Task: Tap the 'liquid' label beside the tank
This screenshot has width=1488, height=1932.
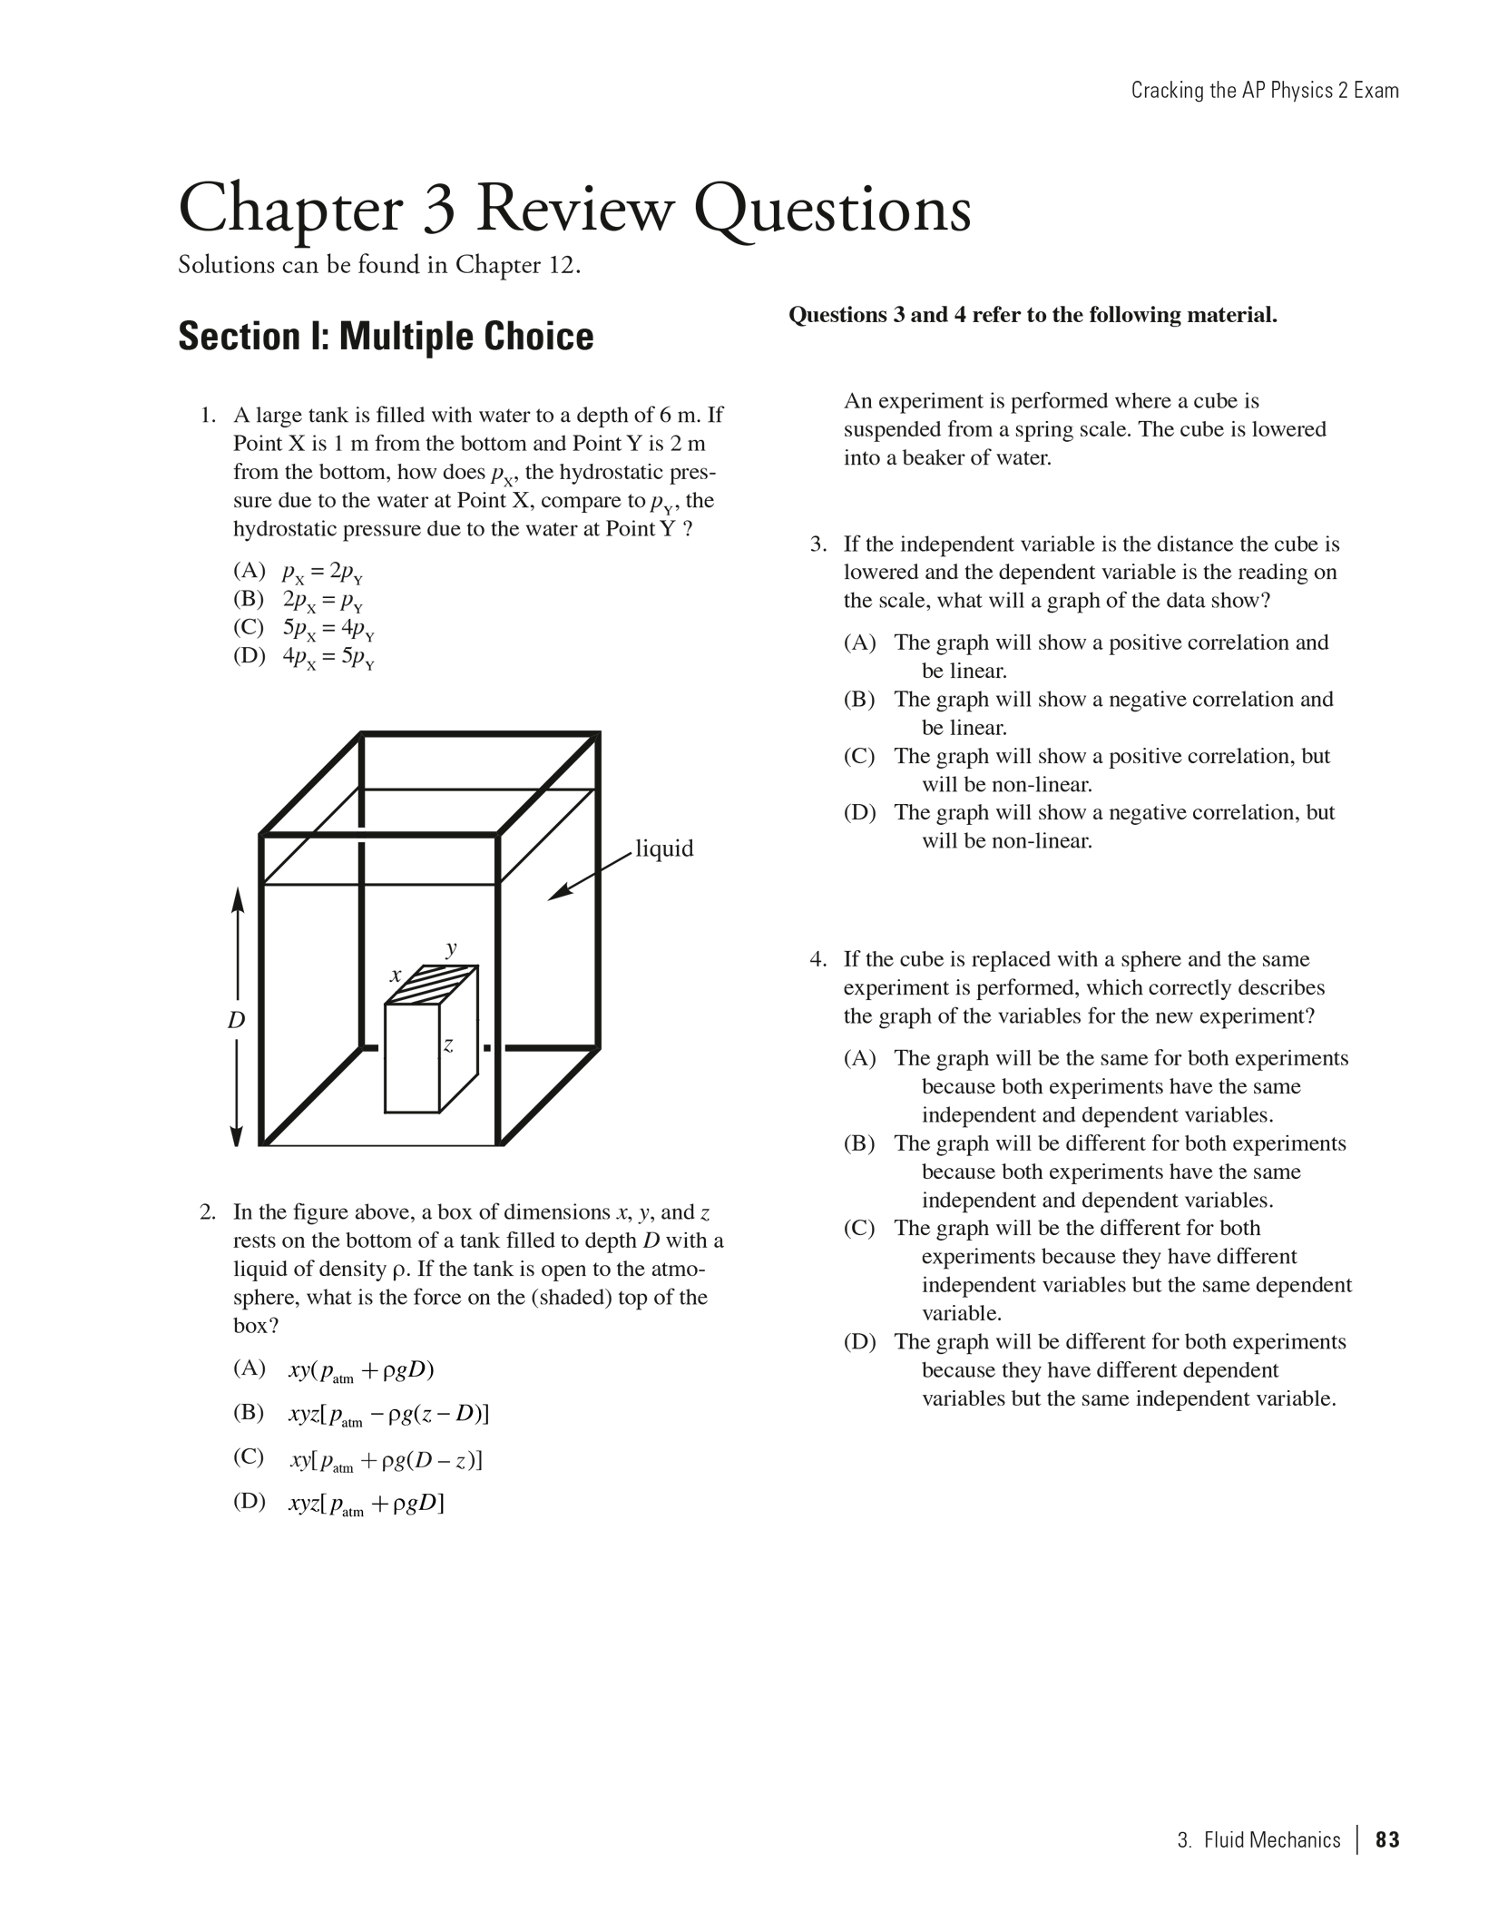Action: tap(664, 848)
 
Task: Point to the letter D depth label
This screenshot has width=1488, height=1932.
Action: tap(236, 1020)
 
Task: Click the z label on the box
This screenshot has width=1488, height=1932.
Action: tap(448, 1045)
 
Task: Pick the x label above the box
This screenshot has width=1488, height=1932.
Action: tap(396, 976)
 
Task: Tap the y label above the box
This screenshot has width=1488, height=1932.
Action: tap(451, 948)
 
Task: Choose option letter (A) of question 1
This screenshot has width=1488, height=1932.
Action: tap(249, 571)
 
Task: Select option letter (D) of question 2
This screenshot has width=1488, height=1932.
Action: tap(249, 1501)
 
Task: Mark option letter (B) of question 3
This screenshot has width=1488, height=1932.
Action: tap(859, 700)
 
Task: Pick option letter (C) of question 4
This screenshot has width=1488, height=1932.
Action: tap(859, 1229)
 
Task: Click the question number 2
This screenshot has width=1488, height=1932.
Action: tap(208, 1212)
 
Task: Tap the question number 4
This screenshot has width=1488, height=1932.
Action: tap(818, 959)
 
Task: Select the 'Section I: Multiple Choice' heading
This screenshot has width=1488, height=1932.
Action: tap(386, 336)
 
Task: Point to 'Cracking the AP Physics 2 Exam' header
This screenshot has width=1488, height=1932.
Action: tap(1264, 91)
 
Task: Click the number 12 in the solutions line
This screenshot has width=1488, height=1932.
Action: tap(561, 265)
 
